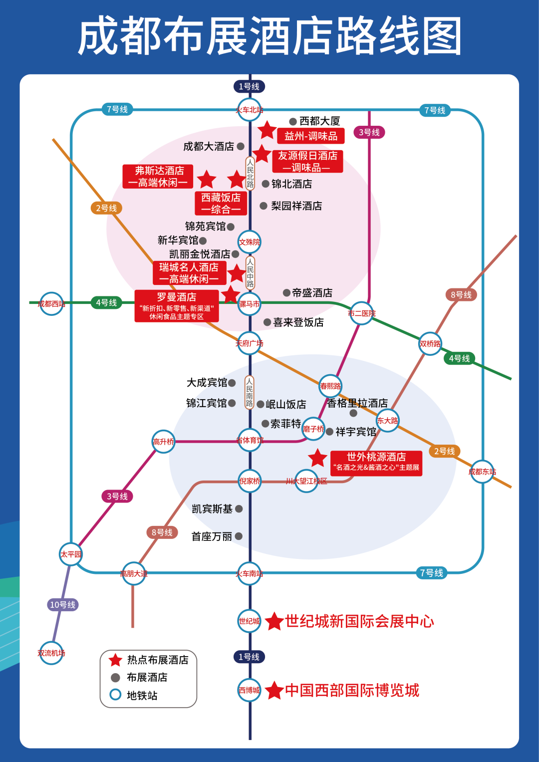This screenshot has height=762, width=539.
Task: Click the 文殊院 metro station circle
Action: pos(250,242)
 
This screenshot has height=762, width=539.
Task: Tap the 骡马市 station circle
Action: pos(250,303)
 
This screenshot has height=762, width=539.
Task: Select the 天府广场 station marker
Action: pos(250,343)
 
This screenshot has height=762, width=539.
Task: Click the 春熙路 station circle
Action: pos(330,386)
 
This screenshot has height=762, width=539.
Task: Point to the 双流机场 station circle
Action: pos(51,653)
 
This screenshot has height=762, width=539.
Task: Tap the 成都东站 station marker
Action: pos(482,472)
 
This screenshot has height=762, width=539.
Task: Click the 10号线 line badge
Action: pos(62,605)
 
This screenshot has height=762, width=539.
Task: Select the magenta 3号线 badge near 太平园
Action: pos(117,496)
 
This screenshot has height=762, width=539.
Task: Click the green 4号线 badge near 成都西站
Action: pos(106,302)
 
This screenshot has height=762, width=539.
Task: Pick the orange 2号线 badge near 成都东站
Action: pos(444,451)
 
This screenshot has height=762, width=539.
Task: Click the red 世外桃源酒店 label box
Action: pos(376,463)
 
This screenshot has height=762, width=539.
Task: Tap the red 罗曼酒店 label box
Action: pos(177,306)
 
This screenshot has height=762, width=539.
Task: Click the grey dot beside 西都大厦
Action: pos(293,121)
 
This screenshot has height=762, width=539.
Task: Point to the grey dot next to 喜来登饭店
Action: pos(268,322)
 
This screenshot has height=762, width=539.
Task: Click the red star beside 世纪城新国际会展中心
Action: pos(274,622)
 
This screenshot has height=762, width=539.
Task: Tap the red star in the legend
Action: pos(115,660)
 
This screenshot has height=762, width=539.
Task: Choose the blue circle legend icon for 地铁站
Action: pos(115,695)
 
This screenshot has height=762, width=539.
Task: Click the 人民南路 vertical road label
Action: pos(250,393)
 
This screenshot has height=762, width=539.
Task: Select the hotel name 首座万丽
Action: pos(212,536)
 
